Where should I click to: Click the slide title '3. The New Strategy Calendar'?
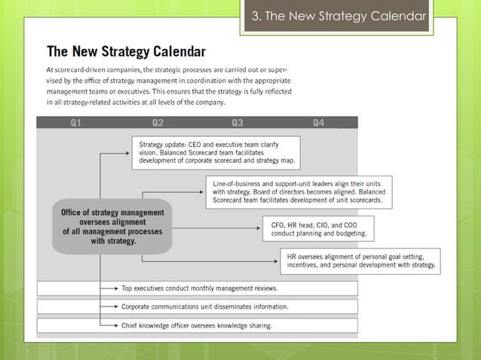(337, 17)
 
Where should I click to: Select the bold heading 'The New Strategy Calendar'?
(126, 52)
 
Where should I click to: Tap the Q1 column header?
(76, 123)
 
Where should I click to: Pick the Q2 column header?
(158, 123)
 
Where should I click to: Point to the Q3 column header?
(237, 123)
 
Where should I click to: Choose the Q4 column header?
(318, 123)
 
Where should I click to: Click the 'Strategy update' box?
(216, 152)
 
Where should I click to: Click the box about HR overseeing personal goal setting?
(360, 260)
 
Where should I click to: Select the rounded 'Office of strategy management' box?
(113, 227)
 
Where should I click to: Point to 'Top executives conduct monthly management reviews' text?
(199, 288)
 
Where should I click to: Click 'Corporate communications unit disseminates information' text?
(204, 307)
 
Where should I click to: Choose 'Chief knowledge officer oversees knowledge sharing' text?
(197, 325)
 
